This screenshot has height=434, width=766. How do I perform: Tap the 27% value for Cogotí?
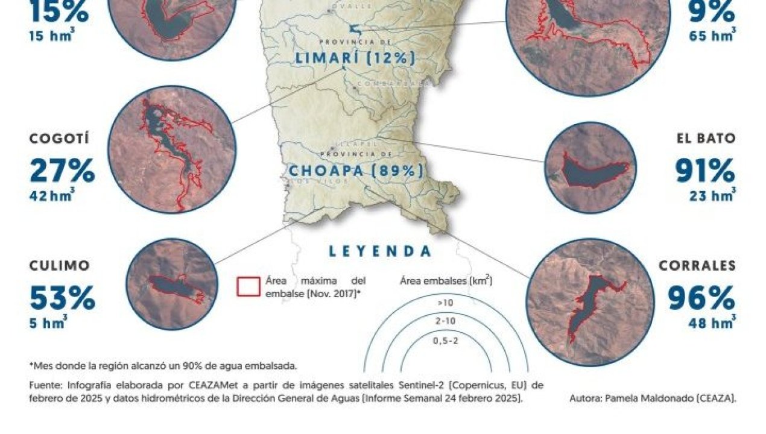[x=62, y=171]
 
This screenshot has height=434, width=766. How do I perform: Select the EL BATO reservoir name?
[x=706, y=138]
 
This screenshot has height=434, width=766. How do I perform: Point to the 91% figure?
[x=705, y=171]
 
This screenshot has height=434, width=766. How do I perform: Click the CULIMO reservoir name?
[x=59, y=266]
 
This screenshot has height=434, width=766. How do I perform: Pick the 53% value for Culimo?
[x=62, y=298]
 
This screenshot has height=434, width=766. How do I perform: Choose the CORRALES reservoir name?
[x=697, y=266]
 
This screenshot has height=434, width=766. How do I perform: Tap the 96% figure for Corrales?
[x=701, y=298]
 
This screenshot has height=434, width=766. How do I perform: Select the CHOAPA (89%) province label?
[x=355, y=171]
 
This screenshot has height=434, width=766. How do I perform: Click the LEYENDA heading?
[x=380, y=251]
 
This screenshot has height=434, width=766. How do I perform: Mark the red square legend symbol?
[x=248, y=287]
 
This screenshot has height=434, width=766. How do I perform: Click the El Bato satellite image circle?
[x=590, y=168]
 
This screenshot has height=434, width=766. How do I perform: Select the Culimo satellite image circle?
[x=173, y=283]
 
